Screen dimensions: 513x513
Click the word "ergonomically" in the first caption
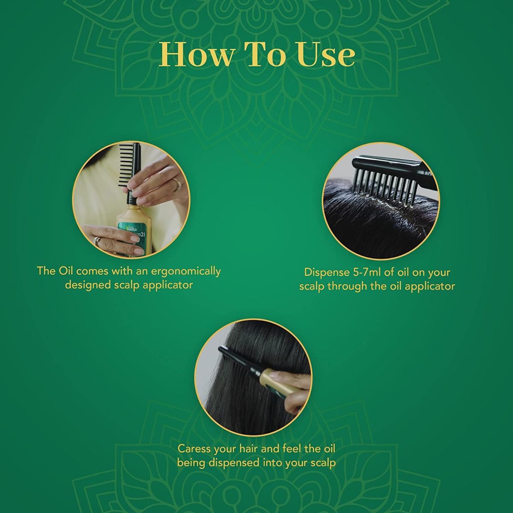185,272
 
